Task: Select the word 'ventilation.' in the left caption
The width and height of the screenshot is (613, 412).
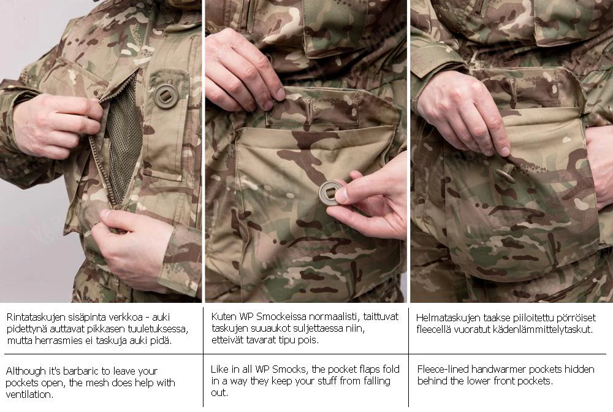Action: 29,394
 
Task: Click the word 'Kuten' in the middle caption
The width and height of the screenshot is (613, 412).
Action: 223,316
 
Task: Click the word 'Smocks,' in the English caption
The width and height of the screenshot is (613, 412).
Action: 291,370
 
